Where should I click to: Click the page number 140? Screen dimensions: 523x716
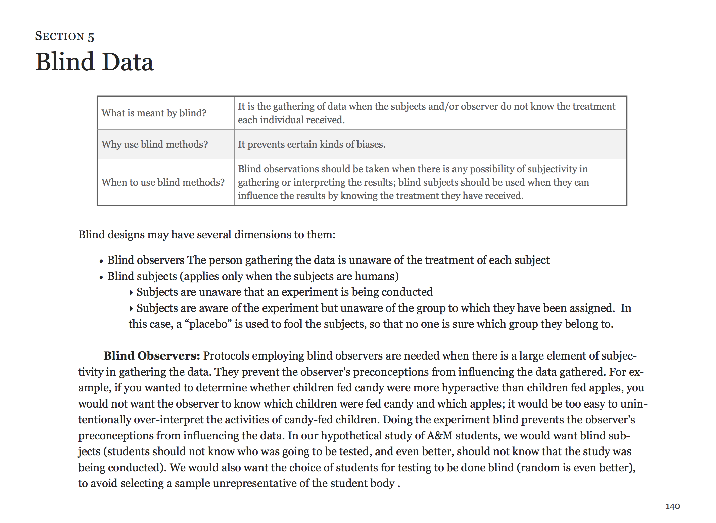(x=672, y=506)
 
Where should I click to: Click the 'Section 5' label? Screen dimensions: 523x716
(x=64, y=36)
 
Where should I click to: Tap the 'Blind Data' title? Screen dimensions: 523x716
(x=94, y=62)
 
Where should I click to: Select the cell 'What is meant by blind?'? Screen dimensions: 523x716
(x=154, y=113)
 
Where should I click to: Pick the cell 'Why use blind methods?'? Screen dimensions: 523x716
(x=155, y=144)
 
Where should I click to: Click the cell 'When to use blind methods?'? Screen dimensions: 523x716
(x=163, y=182)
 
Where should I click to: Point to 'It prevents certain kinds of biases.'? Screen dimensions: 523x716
(x=312, y=144)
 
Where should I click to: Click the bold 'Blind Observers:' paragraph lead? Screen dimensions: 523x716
(x=152, y=356)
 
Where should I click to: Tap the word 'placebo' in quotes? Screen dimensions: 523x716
(x=208, y=324)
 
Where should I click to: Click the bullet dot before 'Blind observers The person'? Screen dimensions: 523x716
(x=101, y=261)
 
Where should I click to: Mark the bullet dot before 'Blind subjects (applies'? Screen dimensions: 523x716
(x=101, y=277)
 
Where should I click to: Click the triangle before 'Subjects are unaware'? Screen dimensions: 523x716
(x=131, y=293)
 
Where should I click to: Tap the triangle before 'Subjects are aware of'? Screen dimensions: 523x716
(x=131, y=309)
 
